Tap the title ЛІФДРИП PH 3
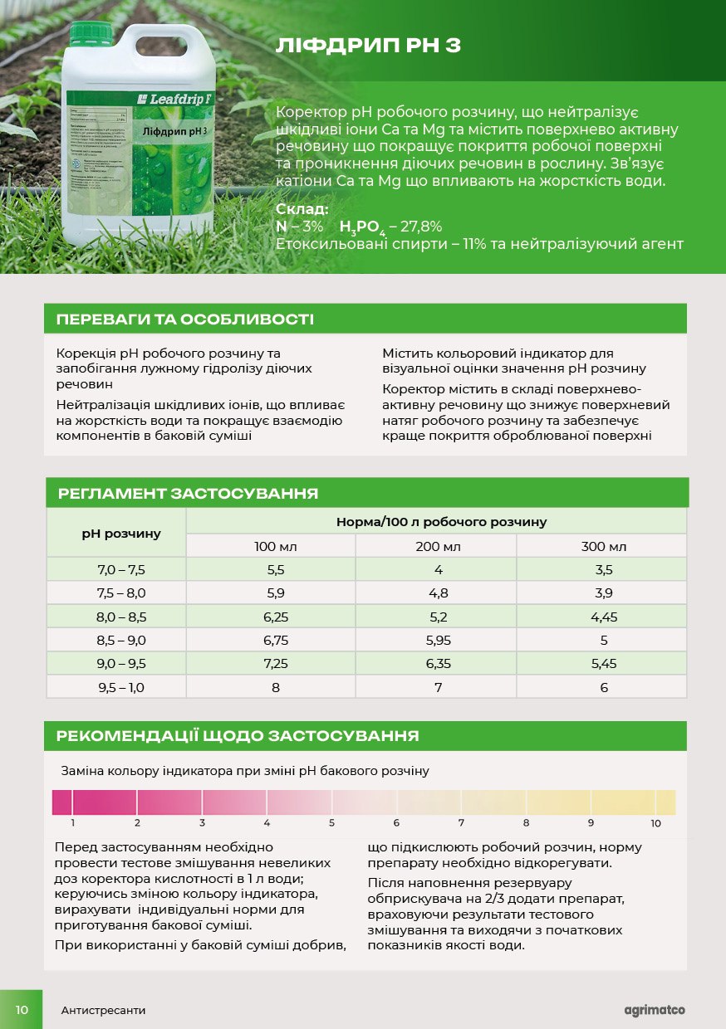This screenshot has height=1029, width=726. (x=368, y=45)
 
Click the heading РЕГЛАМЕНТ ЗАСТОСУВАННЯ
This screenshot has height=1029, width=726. (x=189, y=494)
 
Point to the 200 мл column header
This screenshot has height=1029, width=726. (x=437, y=546)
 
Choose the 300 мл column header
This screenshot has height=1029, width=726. (x=603, y=546)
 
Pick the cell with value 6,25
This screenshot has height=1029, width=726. (x=275, y=617)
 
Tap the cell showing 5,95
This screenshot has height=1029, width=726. (x=437, y=640)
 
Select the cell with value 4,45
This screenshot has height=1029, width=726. (x=603, y=617)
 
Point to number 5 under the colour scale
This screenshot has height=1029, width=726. (x=331, y=823)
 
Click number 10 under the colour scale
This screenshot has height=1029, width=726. (x=655, y=823)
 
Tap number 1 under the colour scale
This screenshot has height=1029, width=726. (x=73, y=823)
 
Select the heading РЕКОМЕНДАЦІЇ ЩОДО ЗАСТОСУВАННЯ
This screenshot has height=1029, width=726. (x=237, y=736)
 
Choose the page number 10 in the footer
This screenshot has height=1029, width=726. (x=22, y=1010)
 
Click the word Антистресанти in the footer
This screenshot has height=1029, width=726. (x=103, y=1011)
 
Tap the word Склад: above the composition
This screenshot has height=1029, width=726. (x=302, y=210)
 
